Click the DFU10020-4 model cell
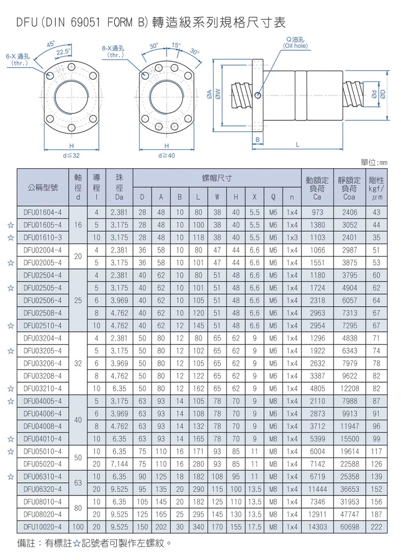(43, 527)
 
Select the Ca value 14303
(317, 527)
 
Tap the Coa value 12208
(349, 388)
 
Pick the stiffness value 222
(376, 527)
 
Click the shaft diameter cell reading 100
(78, 527)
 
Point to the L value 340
(198, 527)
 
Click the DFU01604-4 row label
(43, 212)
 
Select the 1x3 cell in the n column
(292, 237)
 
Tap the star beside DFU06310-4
(11, 477)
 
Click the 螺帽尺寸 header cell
(217, 178)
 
